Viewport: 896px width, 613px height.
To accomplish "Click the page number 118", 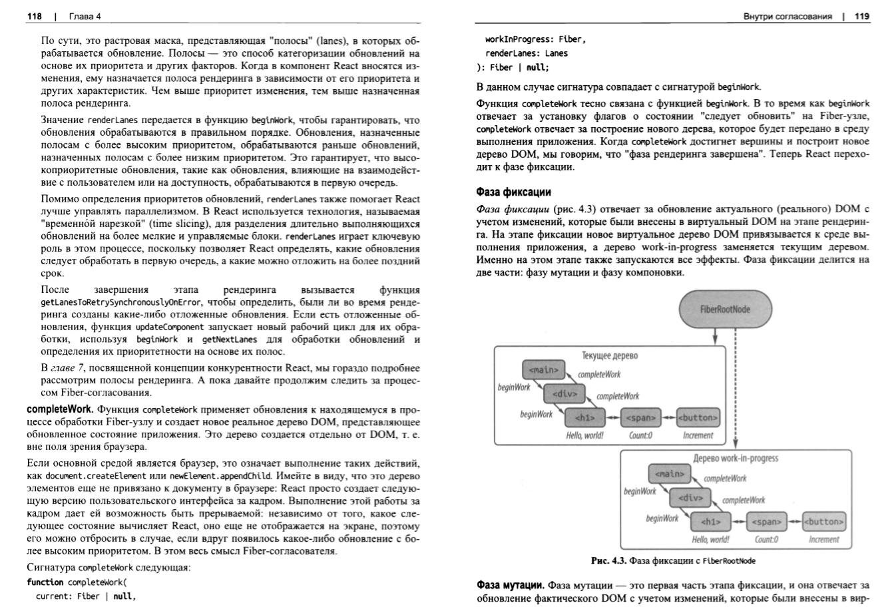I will [34, 17].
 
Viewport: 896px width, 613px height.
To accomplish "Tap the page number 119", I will [862, 17].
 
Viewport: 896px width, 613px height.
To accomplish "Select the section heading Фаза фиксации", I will [513, 192].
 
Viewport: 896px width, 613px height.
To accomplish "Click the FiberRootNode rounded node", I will [725, 309].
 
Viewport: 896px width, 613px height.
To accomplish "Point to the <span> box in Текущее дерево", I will [640, 418].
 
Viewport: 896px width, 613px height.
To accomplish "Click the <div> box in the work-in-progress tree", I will [691, 498].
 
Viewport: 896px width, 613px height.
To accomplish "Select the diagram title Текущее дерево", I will [610, 355].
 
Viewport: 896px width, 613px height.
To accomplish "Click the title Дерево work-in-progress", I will [736, 459].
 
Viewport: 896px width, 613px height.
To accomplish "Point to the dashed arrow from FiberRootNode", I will [735, 386].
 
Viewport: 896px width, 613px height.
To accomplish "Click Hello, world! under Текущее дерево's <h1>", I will [584, 436].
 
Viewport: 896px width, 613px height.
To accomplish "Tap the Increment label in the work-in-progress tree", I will [824, 540].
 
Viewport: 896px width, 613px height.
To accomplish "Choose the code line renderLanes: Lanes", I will [527, 53].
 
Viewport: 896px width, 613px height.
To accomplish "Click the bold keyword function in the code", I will [45, 582].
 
